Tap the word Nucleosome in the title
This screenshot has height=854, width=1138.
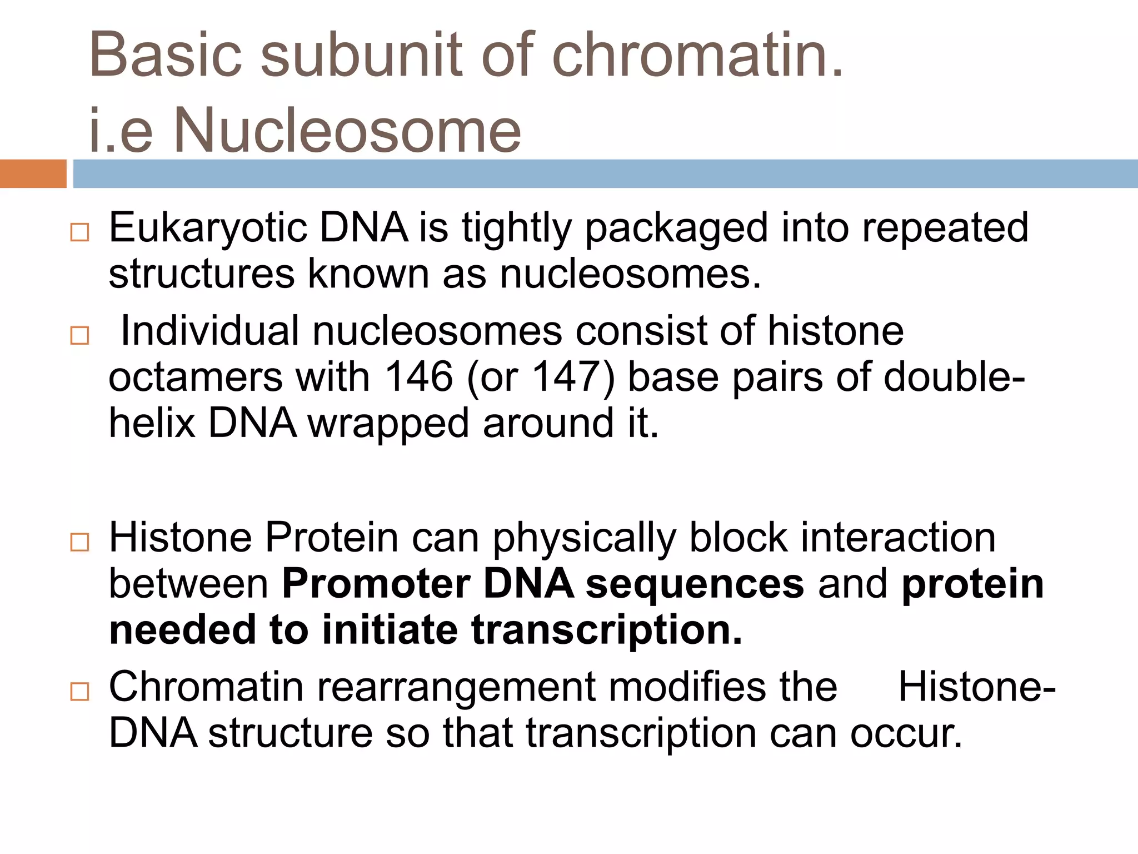click(347, 131)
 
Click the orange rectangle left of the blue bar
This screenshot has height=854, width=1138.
click(33, 173)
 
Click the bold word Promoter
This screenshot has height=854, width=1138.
click(376, 585)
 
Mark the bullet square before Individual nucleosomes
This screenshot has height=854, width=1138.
click(80, 335)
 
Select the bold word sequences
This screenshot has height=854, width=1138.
click(695, 585)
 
